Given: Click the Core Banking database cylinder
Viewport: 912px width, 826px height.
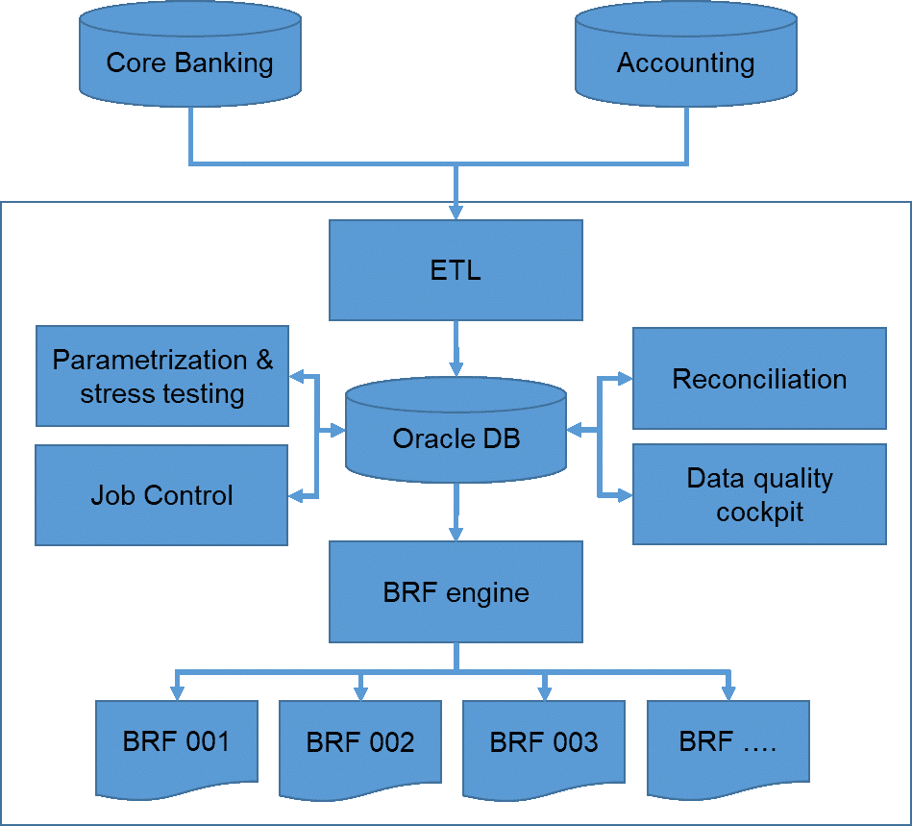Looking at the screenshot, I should tap(190, 58).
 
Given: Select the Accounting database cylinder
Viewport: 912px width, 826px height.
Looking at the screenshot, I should tap(685, 58).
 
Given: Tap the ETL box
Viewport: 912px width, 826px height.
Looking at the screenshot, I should tap(456, 270).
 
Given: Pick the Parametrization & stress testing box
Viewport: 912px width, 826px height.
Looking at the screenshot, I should tap(161, 376).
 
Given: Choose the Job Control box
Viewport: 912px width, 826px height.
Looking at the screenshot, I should tap(161, 495).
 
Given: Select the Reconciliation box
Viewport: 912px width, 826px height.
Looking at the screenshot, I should tap(759, 378).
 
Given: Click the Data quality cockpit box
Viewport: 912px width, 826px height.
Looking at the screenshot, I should tap(759, 494).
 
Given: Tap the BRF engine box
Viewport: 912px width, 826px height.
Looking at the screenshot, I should tap(456, 591).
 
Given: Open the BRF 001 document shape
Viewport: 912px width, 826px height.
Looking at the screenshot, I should tap(176, 742).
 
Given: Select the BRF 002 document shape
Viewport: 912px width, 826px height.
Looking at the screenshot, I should tap(360, 743).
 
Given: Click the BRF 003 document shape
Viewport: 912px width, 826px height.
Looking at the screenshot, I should tap(544, 743).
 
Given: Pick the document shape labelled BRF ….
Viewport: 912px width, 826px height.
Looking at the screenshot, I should tap(727, 743).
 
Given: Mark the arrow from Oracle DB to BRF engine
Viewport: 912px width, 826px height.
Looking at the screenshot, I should tap(456, 511).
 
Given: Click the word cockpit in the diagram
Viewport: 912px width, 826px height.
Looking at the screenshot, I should tap(759, 512).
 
